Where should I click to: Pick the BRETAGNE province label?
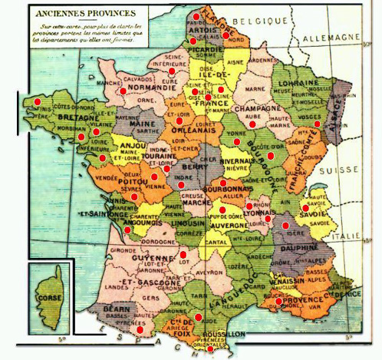[54, 119]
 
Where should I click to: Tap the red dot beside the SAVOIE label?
[305, 207]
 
